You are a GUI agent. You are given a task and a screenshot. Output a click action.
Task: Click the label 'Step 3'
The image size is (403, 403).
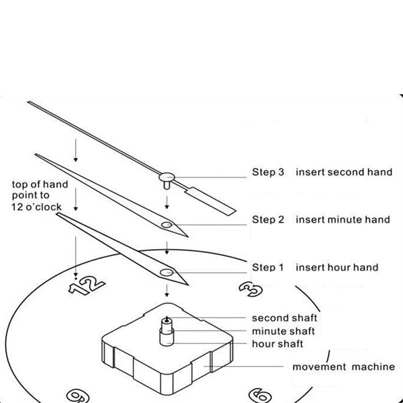click(268, 172)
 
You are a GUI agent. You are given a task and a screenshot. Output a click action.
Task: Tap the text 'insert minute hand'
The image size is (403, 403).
click(343, 220)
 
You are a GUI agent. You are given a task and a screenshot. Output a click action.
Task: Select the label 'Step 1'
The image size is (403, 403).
click(268, 267)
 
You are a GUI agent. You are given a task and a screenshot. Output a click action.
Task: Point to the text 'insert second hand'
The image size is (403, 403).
click(344, 172)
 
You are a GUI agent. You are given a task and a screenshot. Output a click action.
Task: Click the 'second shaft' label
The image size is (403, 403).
click(284, 318)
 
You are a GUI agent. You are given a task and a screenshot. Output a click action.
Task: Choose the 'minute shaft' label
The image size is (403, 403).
click(283, 331)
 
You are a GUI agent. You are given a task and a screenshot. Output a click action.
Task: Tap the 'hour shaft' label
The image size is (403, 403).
click(277, 344)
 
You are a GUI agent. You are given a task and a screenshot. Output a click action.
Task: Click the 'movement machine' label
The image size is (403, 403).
click(343, 367)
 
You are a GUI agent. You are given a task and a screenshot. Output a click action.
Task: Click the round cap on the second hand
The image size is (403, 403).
click(167, 176)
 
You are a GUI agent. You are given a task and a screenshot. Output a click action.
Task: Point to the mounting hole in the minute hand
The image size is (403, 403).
click(167, 225)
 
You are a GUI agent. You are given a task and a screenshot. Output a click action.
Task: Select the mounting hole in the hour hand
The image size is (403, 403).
click(166, 273)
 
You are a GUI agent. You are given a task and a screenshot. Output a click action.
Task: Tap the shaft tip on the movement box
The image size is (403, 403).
click(166, 320)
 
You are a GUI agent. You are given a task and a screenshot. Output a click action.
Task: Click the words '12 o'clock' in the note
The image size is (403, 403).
click(37, 207)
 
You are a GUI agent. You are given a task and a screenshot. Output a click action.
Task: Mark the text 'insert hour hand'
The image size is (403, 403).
click(337, 267)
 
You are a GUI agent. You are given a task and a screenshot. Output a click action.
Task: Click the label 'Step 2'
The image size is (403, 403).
click(268, 220)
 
